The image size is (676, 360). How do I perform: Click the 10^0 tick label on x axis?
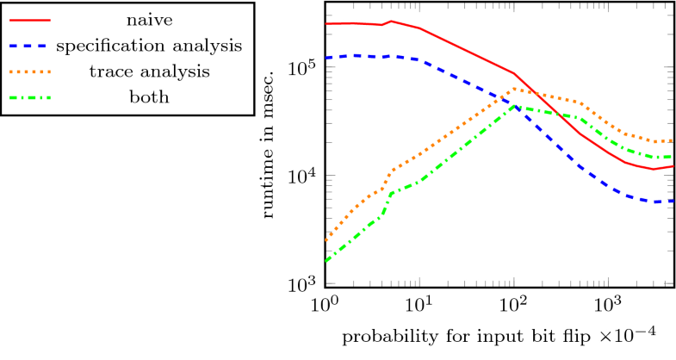pos(326,306)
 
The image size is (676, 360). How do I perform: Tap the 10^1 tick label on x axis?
pos(419,306)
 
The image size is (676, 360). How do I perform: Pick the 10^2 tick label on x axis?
pos(514,306)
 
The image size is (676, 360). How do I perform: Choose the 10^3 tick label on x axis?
pos(608,306)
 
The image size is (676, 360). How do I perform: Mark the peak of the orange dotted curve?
pos(515,89)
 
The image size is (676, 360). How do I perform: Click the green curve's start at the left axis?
pos(326,260)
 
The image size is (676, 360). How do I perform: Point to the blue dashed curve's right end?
pos(673,201)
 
